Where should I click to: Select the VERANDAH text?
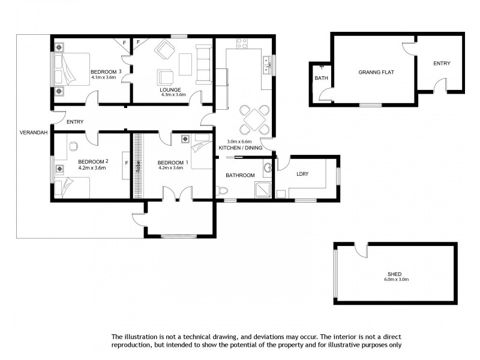pos(33,132)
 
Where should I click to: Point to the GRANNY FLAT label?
pos(376,72)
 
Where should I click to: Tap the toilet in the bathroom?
pos(223,191)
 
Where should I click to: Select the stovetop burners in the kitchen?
pos(242,43)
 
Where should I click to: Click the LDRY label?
pos(302,175)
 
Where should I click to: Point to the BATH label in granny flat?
pos(321,78)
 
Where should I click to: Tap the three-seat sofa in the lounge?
pos(203,62)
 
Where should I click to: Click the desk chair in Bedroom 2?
pos(73,145)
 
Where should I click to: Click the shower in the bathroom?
pos(262,191)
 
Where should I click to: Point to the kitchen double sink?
pos(267,64)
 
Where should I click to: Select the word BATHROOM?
pos(240,175)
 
